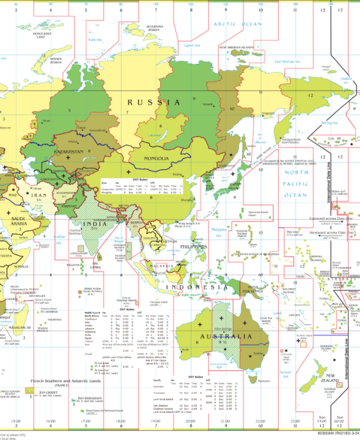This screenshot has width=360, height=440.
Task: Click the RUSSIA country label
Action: tap(153, 101)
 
